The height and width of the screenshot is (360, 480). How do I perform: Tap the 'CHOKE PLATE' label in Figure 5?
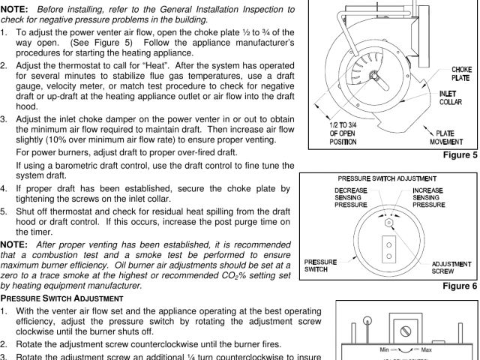click(x=460, y=73)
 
